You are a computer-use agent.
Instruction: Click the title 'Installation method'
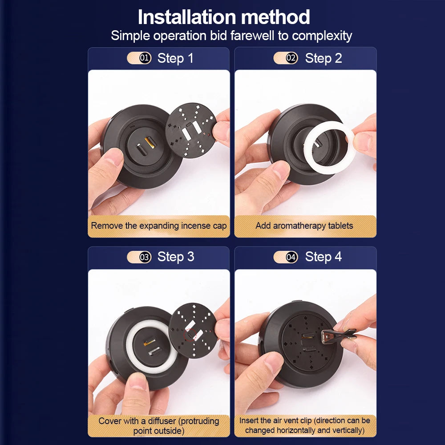pos(224,17)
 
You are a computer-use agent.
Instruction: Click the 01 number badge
pos(145,58)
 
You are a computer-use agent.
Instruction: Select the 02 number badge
pos(291,58)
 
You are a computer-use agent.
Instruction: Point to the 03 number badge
pos(145,257)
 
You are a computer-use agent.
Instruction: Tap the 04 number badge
pos(291,257)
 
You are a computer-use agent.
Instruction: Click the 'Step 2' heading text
pos(323,58)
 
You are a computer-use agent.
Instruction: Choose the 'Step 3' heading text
pos(176,257)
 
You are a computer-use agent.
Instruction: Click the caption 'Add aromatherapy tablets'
pos(304,226)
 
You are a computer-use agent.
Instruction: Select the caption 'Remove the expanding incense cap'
pos(159,226)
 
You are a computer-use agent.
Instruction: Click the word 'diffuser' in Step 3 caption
pos(162,421)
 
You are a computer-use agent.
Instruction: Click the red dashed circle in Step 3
pos(190,335)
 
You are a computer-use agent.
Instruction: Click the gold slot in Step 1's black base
pos(150,142)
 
